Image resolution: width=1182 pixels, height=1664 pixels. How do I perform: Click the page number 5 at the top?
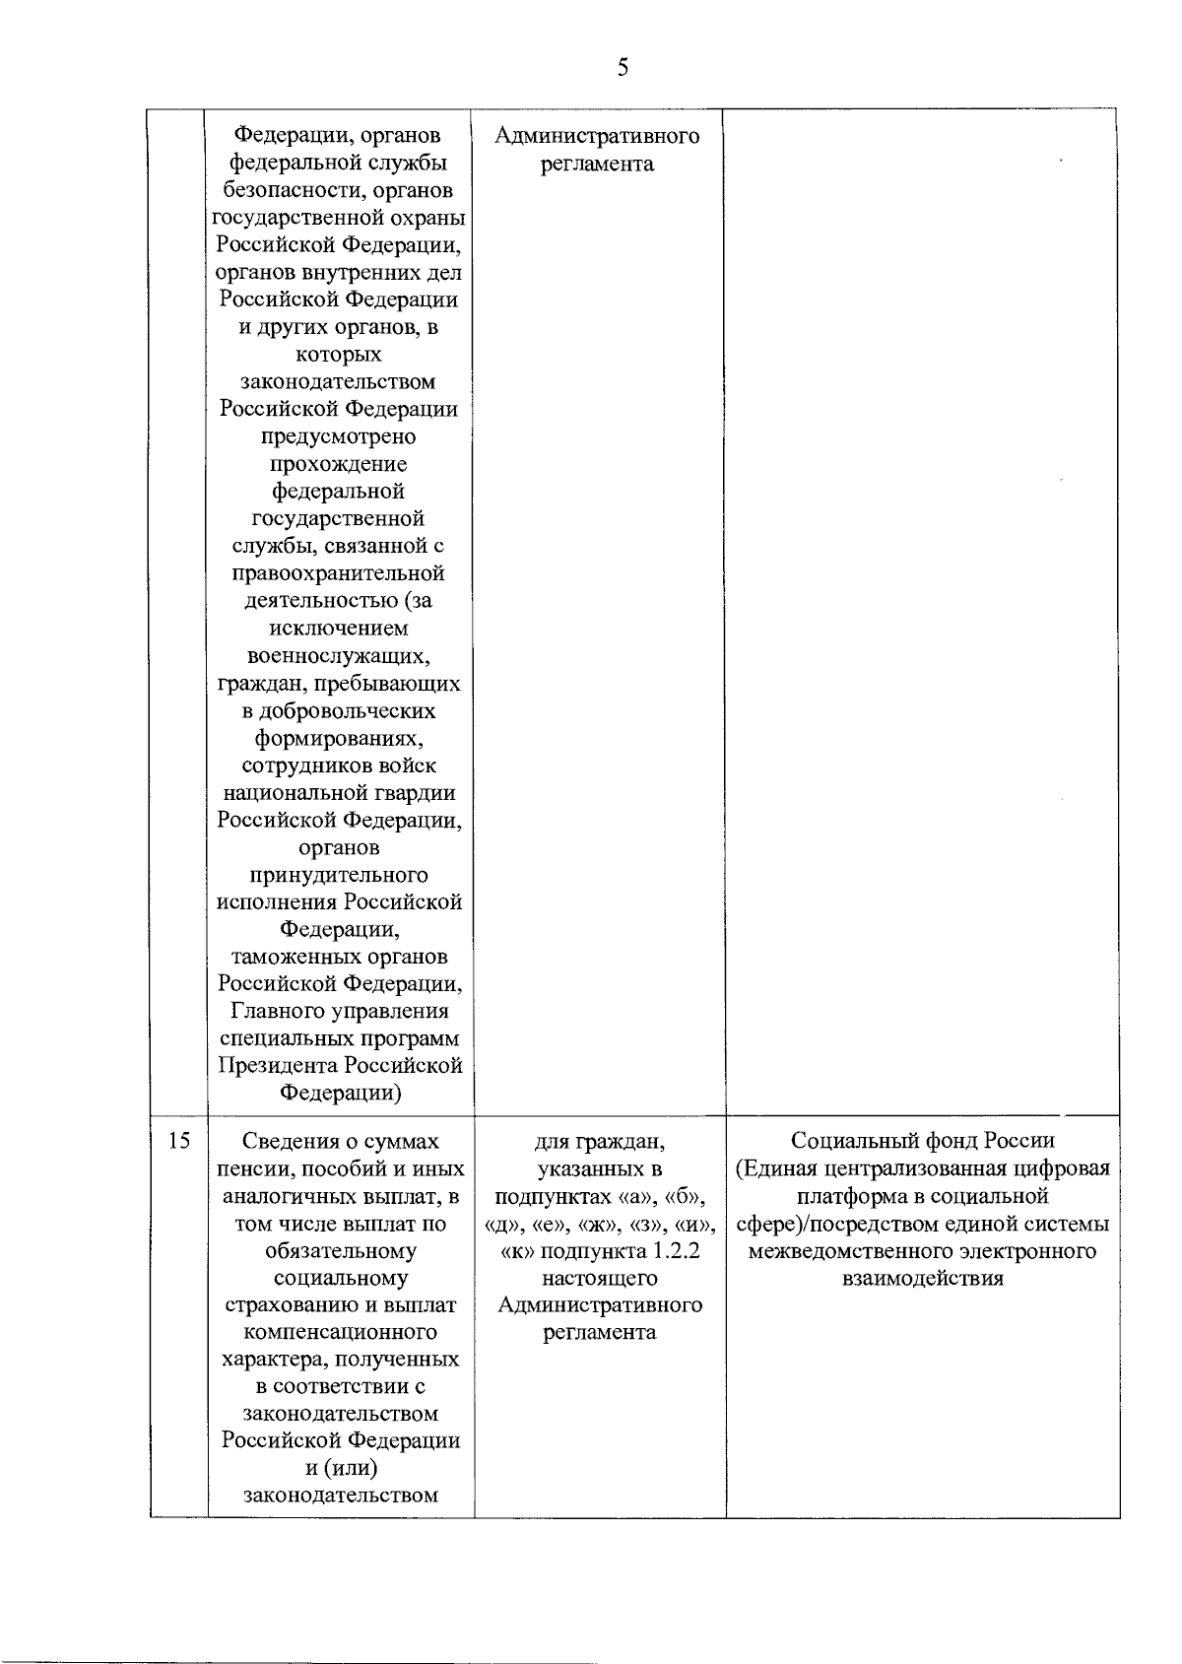tap(622, 67)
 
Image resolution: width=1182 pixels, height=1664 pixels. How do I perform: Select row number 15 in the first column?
tap(178, 1141)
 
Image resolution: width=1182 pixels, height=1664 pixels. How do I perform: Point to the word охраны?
tap(427, 217)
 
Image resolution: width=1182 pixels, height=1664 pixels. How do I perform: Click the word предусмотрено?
tap(339, 436)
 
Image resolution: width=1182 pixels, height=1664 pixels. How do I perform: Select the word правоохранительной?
tap(339, 573)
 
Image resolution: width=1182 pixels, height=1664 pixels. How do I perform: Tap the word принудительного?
tap(339, 875)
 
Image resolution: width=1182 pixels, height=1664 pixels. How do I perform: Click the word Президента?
tap(277, 1066)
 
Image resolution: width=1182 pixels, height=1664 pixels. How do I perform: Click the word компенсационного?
tap(340, 1333)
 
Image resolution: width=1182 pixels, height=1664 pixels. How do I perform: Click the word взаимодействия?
tap(923, 1279)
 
